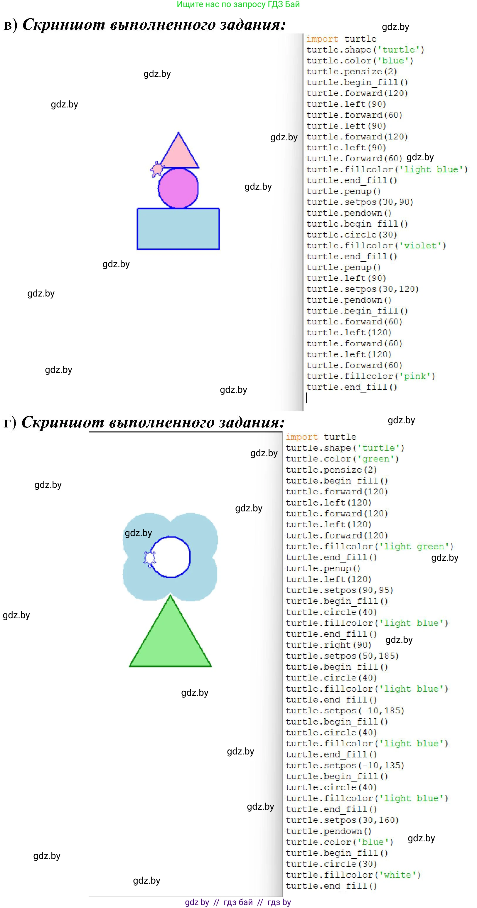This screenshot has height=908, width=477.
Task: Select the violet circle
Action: [178, 188]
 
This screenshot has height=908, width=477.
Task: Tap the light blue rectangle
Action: [178, 229]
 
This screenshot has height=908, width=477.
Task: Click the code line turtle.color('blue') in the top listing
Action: [359, 61]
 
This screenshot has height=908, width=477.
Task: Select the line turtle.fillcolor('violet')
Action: [376, 246]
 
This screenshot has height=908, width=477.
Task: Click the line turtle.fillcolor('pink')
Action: [370, 376]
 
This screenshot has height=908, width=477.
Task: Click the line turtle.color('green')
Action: [342, 459]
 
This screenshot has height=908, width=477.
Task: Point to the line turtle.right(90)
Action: [328, 645]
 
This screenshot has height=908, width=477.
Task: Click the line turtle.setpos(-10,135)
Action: [344, 766]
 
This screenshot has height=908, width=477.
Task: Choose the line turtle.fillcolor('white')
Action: [353, 875]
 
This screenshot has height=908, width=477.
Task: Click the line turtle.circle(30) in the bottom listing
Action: [331, 864]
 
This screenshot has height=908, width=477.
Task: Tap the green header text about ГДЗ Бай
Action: [238, 5]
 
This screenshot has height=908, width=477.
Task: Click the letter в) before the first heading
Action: [10, 25]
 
